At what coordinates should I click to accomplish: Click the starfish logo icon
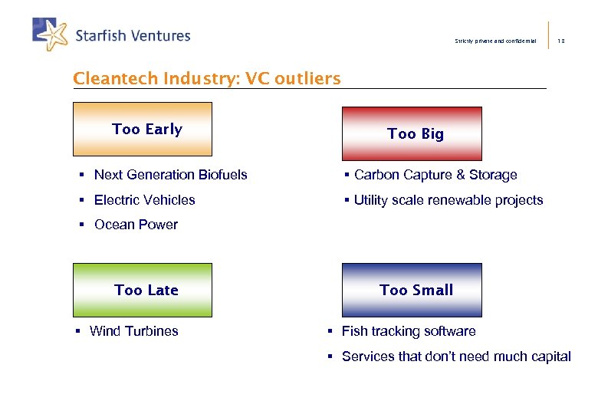pos(51,34)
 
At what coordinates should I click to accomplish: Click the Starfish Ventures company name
pos(133,36)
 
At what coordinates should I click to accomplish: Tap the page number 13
pos(561,41)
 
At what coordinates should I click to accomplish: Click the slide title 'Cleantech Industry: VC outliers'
pos(206,78)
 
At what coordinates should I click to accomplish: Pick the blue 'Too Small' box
pos(412,290)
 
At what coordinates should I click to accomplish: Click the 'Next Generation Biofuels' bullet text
pos(170,175)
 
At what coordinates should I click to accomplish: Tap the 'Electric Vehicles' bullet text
pos(144,200)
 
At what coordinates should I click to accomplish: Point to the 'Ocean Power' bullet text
pos(136,225)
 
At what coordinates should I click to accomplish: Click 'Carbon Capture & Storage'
pos(435,175)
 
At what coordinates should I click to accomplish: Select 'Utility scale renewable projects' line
pos(449,200)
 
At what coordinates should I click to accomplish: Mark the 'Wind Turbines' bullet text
pos(133,331)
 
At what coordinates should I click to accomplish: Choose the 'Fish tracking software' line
pos(408,331)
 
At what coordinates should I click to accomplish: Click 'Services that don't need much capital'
pos(456,356)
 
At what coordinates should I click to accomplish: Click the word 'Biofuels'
pos(223,175)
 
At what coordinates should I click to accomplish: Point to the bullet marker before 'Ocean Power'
pos(81,225)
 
